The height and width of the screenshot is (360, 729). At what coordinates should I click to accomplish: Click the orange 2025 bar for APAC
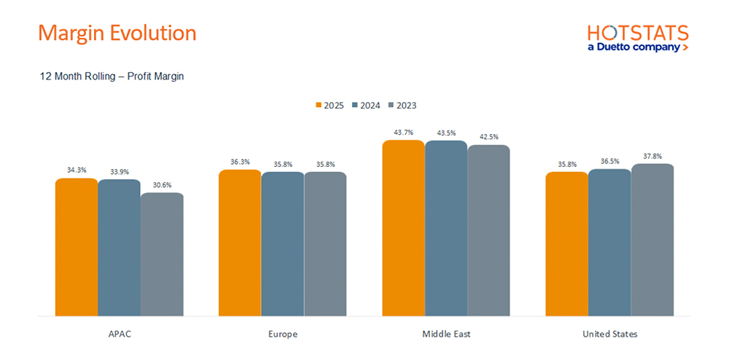coord(77,247)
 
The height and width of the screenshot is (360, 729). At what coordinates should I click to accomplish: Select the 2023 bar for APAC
coord(162,254)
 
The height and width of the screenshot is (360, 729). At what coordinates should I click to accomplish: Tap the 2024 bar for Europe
coord(283,244)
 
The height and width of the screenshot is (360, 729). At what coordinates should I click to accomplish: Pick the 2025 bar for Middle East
coord(403,228)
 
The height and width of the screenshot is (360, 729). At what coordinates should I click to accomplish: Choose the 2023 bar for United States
coord(652,240)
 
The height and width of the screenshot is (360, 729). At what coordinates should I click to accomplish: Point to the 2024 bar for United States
coord(609,243)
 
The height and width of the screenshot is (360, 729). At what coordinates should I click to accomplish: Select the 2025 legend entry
coord(330,106)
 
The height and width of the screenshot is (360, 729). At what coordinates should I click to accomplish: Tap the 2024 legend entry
coord(366,106)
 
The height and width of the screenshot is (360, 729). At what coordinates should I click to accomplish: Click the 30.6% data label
coord(162,185)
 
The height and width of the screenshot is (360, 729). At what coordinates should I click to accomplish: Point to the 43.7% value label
coord(403,133)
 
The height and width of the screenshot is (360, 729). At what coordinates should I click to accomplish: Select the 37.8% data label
coord(652,156)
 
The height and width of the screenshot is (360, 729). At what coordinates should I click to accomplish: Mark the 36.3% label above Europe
coord(240,162)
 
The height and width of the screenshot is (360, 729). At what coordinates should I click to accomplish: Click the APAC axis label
coord(119,334)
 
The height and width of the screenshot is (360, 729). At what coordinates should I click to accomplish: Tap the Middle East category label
coord(446,334)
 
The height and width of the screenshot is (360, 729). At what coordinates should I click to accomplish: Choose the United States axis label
coord(609,334)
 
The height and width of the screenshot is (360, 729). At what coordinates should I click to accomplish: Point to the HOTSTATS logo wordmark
coord(638,34)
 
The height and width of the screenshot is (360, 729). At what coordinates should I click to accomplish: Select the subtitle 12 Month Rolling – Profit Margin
coord(112,77)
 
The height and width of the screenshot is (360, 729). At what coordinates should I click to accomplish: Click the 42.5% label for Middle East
coord(488,137)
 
